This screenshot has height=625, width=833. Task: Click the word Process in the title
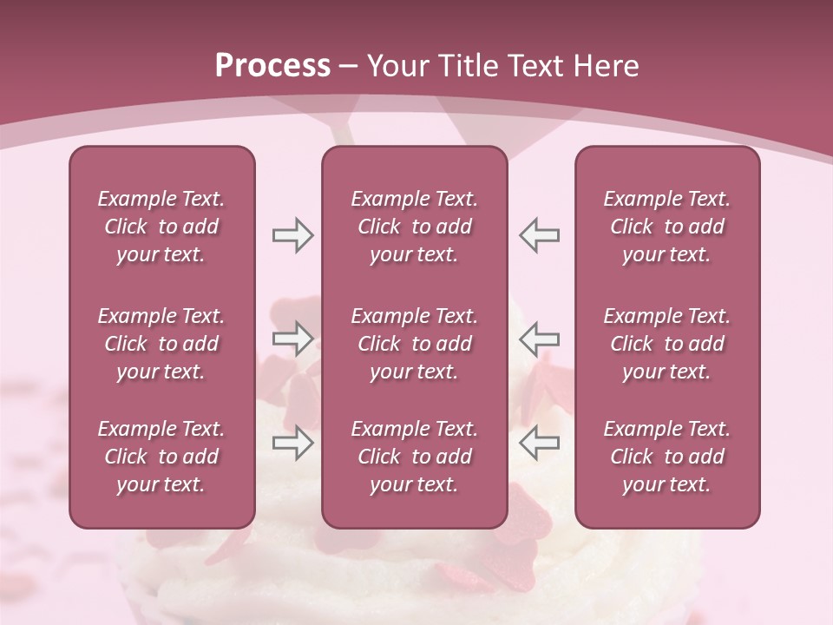(272, 66)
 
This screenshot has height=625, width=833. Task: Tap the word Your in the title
(396, 66)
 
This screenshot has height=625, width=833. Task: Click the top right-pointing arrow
(292, 235)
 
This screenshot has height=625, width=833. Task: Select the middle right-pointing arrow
(292, 339)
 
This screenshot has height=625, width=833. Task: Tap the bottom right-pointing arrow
(292, 443)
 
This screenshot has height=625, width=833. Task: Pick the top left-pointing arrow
(539, 235)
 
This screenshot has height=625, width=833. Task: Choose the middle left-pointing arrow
(539, 339)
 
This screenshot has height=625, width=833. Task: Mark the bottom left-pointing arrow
(539, 443)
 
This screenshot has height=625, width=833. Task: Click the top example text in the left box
(161, 227)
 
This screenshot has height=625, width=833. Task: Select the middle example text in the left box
(161, 344)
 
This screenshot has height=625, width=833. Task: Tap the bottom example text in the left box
(161, 457)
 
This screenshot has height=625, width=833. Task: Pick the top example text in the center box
(415, 227)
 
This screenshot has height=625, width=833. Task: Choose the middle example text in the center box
(415, 344)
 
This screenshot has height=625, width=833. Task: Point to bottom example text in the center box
(415, 457)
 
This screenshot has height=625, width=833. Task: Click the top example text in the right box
(667, 227)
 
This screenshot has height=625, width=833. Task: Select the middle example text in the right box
(667, 344)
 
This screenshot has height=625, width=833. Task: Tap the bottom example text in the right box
(667, 457)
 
